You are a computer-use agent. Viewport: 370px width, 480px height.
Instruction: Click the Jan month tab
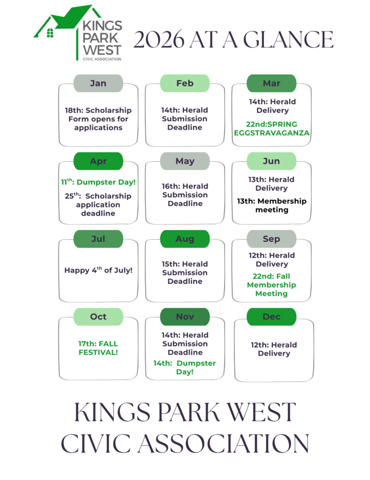pos(98,83)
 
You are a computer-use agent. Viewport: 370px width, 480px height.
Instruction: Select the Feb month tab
pos(185,83)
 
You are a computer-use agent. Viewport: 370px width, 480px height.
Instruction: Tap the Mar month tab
pos(271,83)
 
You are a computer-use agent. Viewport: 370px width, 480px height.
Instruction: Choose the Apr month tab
pos(98,161)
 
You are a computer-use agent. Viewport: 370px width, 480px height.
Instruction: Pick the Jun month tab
pos(271,161)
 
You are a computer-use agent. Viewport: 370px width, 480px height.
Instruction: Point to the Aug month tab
pos(185,239)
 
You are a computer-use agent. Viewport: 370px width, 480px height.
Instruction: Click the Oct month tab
pos(98,316)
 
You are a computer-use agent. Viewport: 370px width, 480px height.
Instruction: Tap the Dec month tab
pos(271,316)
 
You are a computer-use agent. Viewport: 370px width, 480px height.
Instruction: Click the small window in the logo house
pos(49,32)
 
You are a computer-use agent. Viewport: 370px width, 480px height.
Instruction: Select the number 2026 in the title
pos(159,40)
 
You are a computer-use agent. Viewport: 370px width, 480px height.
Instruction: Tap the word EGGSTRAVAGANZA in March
pos(271,133)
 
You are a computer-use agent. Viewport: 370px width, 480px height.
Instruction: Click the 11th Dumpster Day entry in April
pos(98,183)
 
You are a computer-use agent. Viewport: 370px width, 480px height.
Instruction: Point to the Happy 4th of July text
pos(98,270)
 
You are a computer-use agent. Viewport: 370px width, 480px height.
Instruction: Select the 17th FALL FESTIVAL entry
pos(98,348)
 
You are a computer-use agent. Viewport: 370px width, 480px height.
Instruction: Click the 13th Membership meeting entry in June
pos(271,205)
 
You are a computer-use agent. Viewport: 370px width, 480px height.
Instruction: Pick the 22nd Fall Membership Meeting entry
pos(271,285)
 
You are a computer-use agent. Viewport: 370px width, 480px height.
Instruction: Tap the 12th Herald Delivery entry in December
pos(274,349)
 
